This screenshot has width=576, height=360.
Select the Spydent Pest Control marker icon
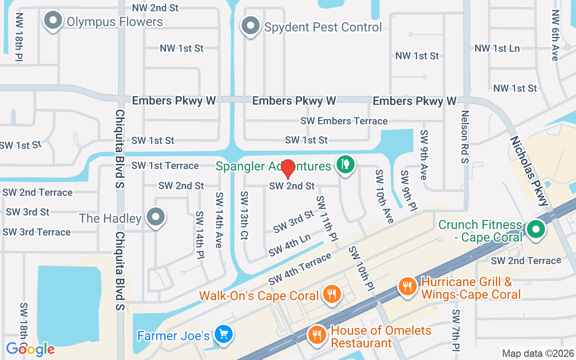(x=251, y=27)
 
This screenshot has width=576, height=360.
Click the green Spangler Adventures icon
(x=345, y=164)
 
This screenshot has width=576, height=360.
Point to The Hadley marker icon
(x=156, y=217)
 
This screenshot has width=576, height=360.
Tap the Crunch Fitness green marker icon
(x=535, y=229)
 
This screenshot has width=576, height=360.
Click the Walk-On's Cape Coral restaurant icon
(x=332, y=294)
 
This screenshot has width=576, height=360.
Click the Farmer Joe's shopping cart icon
(x=223, y=334)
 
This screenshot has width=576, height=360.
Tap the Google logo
(x=30, y=349)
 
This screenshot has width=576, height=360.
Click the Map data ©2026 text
(x=537, y=353)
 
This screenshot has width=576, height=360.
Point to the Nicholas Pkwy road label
(x=528, y=171)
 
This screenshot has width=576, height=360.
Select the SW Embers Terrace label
(x=344, y=121)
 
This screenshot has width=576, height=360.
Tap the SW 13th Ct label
(x=245, y=215)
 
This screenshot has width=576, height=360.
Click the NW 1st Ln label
(x=497, y=48)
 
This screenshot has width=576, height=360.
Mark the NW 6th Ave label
(x=555, y=35)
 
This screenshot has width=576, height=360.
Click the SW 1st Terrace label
(x=165, y=166)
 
